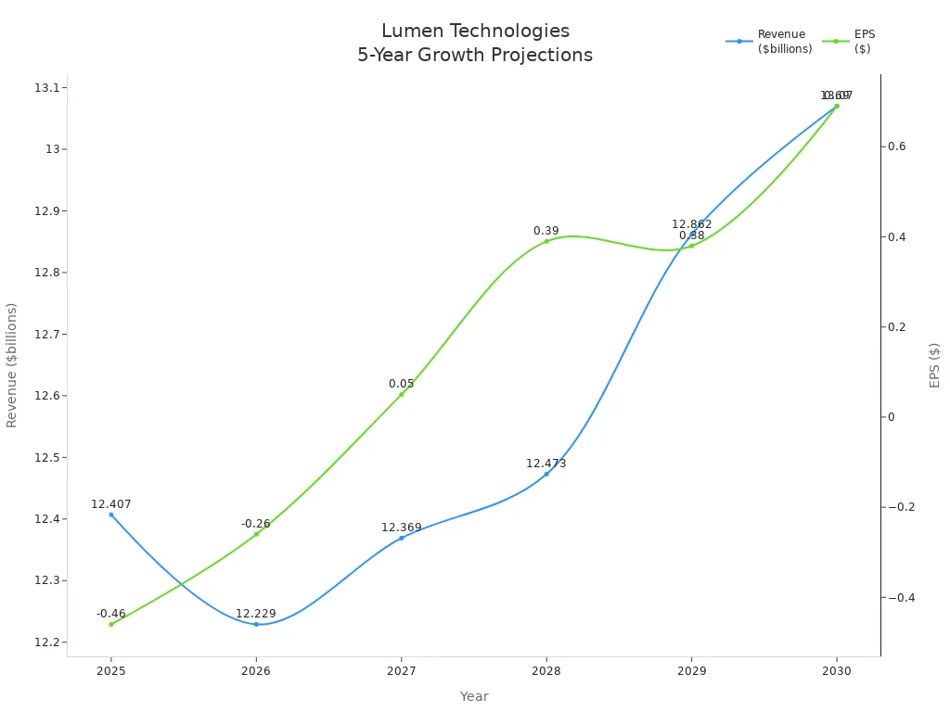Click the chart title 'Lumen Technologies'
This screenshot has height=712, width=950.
475,32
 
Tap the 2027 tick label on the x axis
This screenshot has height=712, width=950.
401,670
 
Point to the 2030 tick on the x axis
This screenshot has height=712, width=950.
836,670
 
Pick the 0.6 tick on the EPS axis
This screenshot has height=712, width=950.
896,146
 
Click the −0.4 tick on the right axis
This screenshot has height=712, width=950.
901,597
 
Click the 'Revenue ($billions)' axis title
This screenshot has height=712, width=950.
12,364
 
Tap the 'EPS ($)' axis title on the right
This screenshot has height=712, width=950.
934,364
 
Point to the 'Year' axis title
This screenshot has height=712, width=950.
474,696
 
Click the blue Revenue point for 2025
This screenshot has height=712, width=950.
111,515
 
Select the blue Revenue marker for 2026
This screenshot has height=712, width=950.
256,624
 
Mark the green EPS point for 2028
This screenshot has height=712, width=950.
546,241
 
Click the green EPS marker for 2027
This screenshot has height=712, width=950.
402,394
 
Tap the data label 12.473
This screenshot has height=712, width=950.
546,464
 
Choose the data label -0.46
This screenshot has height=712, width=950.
111,614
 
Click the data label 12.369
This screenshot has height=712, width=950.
401,528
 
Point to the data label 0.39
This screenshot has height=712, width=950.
546,231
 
